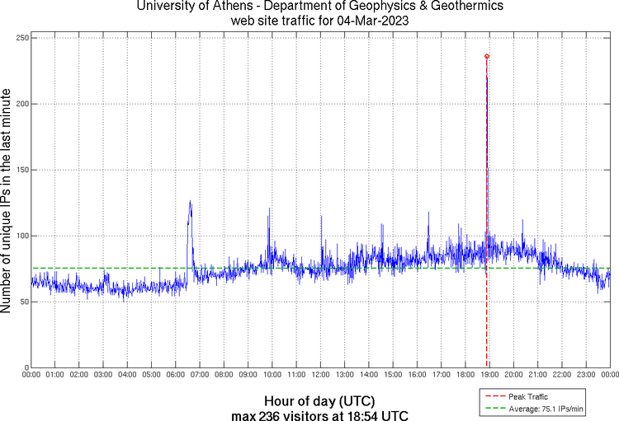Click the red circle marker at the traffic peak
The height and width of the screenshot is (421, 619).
pos(487,56)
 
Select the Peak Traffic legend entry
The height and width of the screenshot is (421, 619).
pos(527,396)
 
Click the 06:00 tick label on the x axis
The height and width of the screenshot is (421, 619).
pos(176,376)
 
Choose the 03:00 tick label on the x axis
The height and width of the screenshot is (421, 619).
pos(103,376)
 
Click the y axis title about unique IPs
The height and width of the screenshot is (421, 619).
pos(7,203)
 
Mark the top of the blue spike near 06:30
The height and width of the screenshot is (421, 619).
pos(190,201)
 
